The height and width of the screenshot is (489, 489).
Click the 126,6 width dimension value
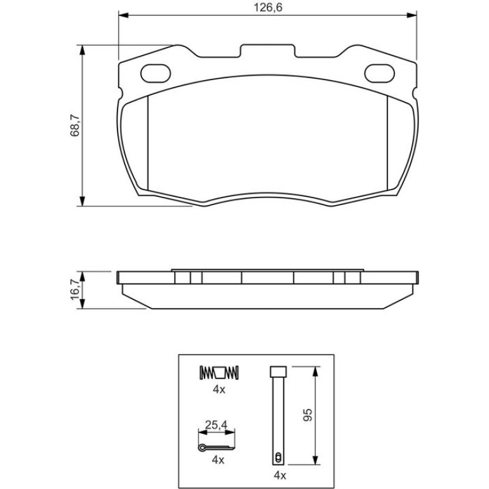point(267,7)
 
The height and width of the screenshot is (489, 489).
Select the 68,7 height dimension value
point(75,125)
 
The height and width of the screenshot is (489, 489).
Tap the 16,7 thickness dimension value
point(75,290)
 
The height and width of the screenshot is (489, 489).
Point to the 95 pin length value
point(307,415)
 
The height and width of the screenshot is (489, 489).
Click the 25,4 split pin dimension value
point(217,425)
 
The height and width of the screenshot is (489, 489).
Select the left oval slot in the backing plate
point(156,74)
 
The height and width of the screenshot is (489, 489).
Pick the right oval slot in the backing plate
point(379,74)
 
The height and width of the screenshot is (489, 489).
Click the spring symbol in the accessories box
point(219,372)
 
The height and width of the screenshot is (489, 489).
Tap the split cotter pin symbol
point(216,448)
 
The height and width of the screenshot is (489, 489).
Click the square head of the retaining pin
point(278,372)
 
